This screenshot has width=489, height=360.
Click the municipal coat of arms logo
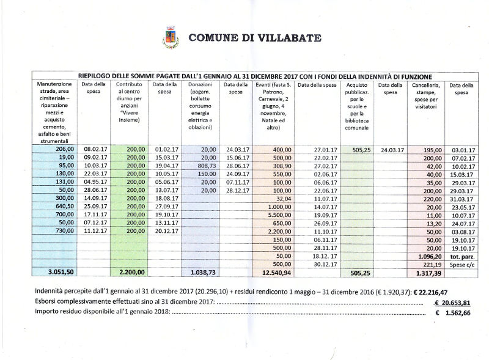(x=171, y=38)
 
